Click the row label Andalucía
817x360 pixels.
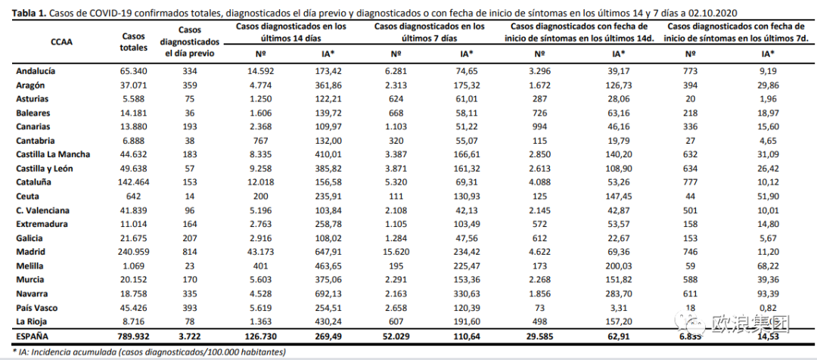(36, 71)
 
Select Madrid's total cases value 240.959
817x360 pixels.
(133, 252)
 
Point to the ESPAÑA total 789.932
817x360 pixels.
(133, 335)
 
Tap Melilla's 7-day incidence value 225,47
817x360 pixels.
(467, 266)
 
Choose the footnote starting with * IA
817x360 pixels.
(144, 352)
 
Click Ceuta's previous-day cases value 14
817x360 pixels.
(189, 196)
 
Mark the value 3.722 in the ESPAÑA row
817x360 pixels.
(189, 335)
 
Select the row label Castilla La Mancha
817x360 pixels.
(53, 154)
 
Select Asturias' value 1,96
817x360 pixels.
(768, 98)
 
